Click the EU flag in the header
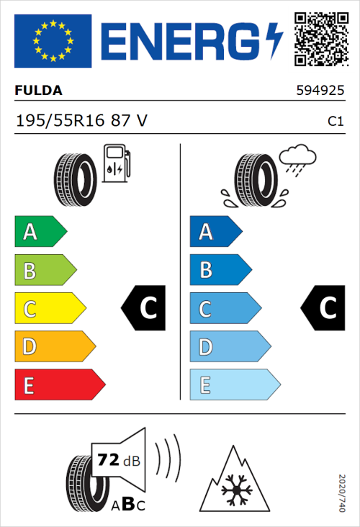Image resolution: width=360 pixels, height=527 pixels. pyautogui.click(x=53, y=41)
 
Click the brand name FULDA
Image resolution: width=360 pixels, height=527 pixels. pyautogui.click(x=38, y=91)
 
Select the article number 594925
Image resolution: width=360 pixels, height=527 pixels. pyautogui.click(x=320, y=91)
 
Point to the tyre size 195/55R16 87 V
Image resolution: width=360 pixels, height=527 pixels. pyautogui.click(x=81, y=121)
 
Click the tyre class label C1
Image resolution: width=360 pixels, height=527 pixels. pyautogui.click(x=335, y=122)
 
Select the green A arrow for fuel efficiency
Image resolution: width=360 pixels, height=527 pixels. pyautogui.click(x=40, y=232)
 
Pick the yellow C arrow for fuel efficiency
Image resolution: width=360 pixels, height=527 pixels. pyautogui.click(x=49, y=309)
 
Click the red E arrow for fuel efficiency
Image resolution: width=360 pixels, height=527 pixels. pyautogui.click(x=58, y=385)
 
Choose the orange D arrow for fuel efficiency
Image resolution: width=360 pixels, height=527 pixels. pyautogui.click(x=54, y=347)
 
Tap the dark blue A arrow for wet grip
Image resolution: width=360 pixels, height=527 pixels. pyautogui.click(x=215, y=232)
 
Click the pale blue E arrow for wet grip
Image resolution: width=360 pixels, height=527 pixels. pyautogui.click(x=233, y=385)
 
